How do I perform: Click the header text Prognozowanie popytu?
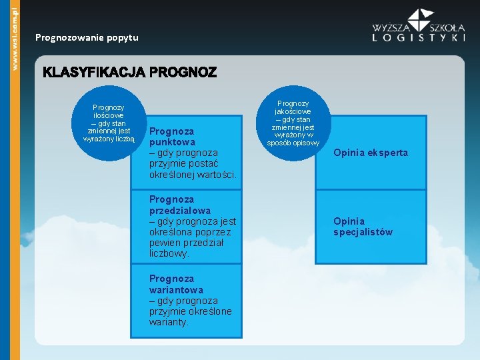[87, 37]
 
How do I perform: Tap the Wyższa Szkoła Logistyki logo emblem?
[421, 20]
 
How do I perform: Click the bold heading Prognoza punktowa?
[172, 137]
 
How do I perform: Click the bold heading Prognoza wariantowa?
[176, 284]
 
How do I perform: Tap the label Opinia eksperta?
[371, 153]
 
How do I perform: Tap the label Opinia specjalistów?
[363, 227]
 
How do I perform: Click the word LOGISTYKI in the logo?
[419, 39]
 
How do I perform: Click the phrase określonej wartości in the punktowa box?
[193, 175]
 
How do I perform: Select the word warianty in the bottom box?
[169, 322]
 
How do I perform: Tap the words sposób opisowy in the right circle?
[293, 143]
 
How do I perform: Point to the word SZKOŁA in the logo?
[447, 28]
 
